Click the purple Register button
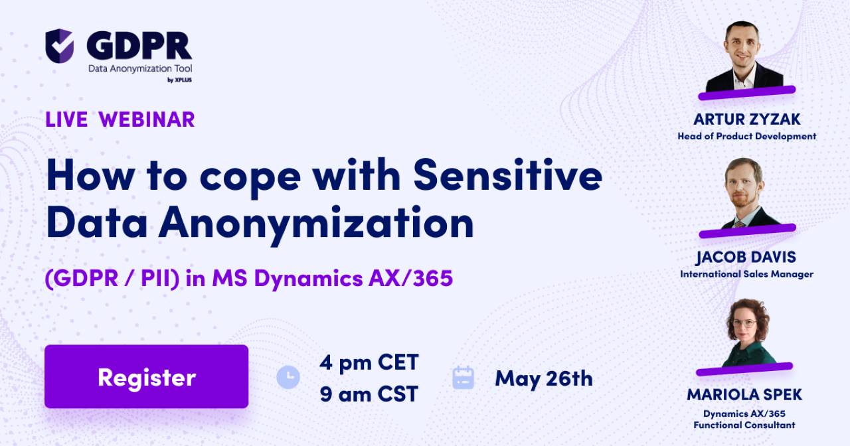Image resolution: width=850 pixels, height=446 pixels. pyautogui.click(x=146, y=376)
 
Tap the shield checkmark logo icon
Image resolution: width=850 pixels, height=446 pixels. pyautogui.click(x=59, y=46)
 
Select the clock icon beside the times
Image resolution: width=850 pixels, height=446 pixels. pyautogui.click(x=288, y=377)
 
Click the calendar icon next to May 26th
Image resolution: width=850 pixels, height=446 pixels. pyautogui.click(x=463, y=377)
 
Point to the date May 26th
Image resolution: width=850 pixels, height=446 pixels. pyautogui.click(x=543, y=378)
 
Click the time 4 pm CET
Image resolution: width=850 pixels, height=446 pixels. pyautogui.click(x=369, y=362)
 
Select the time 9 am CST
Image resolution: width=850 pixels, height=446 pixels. pyautogui.click(x=369, y=394)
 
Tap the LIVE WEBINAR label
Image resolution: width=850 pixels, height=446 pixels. pyautogui.click(x=120, y=119)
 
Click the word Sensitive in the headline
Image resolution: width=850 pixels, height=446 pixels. pyautogui.click(x=507, y=177)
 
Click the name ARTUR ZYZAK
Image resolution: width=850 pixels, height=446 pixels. pyautogui.click(x=746, y=119)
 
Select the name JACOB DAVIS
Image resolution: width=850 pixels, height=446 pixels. pyautogui.click(x=746, y=257)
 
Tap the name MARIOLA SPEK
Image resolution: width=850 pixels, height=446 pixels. pyautogui.click(x=744, y=394)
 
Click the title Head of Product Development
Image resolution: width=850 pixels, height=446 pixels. pyautogui.click(x=746, y=136)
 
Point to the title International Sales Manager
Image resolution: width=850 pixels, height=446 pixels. pyautogui.click(x=746, y=273)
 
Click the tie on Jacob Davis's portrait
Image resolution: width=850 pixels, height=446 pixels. pyautogui.click(x=739, y=224)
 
